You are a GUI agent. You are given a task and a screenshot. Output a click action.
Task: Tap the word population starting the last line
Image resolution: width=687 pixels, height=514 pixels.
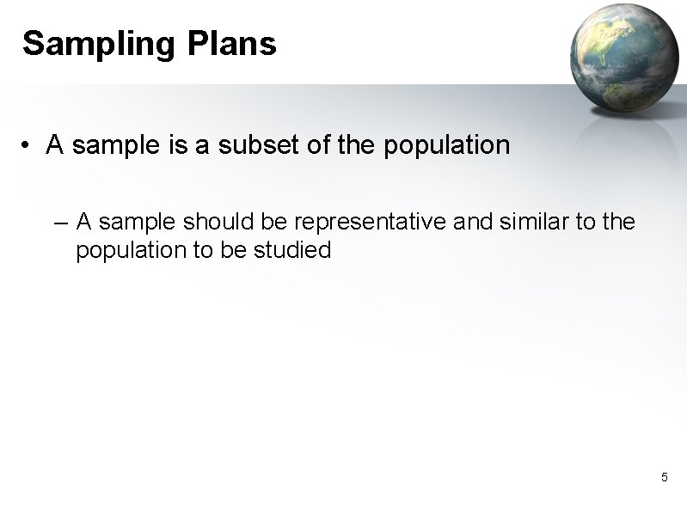tap(122, 251)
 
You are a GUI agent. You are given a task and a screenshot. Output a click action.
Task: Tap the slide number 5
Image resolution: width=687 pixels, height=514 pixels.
tap(664, 477)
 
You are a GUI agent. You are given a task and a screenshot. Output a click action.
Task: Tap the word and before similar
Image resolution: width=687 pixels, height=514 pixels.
tap(469, 223)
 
